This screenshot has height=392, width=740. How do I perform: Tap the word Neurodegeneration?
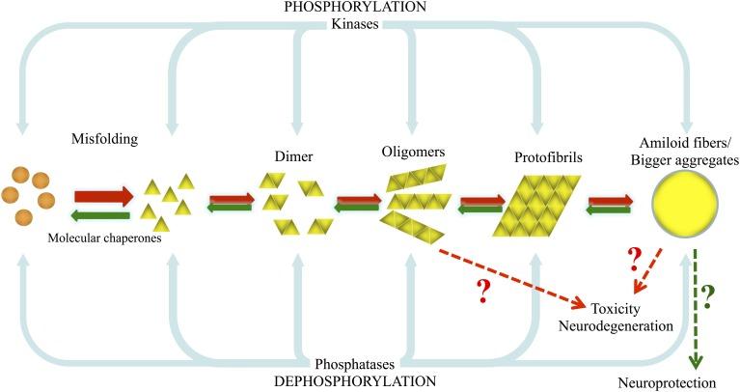[617, 327]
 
